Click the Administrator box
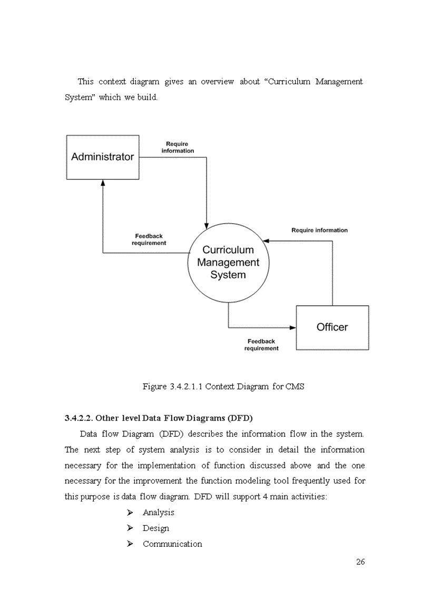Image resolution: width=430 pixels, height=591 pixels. pyautogui.click(x=103, y=157)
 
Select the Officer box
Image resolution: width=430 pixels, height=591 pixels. pyautogui.click(x=332, y=327)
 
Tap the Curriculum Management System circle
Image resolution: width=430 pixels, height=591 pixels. pyautogui.click(x=228, y=262)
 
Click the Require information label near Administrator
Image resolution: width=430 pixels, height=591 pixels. pyautogui.click(x=178, y=147)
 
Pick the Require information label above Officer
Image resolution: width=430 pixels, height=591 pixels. pyautogui.click(x=319, y=230)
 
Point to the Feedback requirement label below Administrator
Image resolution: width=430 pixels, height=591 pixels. pyautogui.click(x=149, y=240)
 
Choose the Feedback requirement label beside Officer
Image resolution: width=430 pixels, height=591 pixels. pyautogui.click(x=261, y=345)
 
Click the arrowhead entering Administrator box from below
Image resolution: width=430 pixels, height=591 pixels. pyautogui.click(x=103, y=183)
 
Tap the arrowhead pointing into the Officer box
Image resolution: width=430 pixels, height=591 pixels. pyautogui.click(x=292, y=327)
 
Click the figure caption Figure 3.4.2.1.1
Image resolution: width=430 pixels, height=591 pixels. pyautogui.click(x=223, y=386)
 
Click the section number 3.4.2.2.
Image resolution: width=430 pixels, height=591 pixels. pyautogui.click(x=79, y=418)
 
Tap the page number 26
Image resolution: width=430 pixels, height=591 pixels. pyautogui.click(x=360, y=562)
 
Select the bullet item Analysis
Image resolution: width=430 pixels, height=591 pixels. pyautogui.click(x=158, y=512)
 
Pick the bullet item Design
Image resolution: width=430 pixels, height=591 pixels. pyautogui.click(x=155, y=528)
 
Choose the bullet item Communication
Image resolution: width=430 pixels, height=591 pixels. pyautogui.click(x=172, y=544)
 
